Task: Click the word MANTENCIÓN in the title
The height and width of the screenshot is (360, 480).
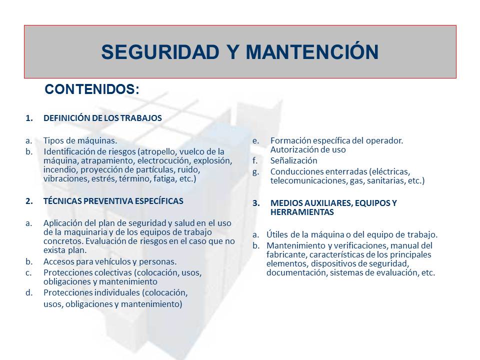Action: click(x=310, y=52)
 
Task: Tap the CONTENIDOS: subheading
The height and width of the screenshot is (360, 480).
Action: click(x=92, y=89)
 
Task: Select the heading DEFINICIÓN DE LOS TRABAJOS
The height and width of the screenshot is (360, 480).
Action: click(x=102, y=118)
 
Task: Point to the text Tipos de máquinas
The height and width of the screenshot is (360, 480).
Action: click(x=80, y=140)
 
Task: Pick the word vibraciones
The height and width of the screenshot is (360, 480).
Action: click(x=64, y=178)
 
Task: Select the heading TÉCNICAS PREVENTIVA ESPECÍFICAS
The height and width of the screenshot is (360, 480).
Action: click(x=113, y=201)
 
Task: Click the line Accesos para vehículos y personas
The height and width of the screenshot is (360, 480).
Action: click(x=110, y=261)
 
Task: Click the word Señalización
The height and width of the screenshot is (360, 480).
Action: click(x=293, y=160)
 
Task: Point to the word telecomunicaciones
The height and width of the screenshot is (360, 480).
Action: click(x=307, y=180)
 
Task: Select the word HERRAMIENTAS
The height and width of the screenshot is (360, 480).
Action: click(x=302, y=212)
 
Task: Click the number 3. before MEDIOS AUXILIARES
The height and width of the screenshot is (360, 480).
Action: click(x=256, y=203)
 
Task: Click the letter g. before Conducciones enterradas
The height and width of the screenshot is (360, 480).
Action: click(x=255, y=171)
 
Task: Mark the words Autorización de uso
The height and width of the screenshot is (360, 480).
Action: click(x=308, y=149)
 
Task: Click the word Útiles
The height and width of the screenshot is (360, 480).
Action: click(x=277, y=234)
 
